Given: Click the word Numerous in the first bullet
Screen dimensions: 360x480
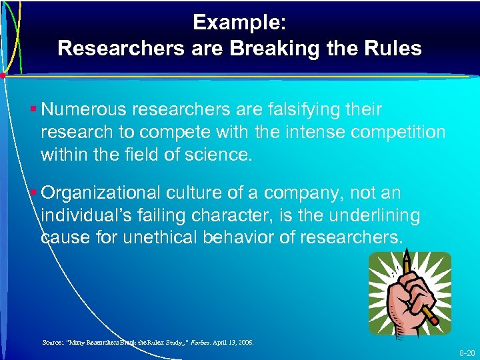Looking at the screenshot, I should pos(85,109).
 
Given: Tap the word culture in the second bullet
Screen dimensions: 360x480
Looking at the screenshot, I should pos(199,193).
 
